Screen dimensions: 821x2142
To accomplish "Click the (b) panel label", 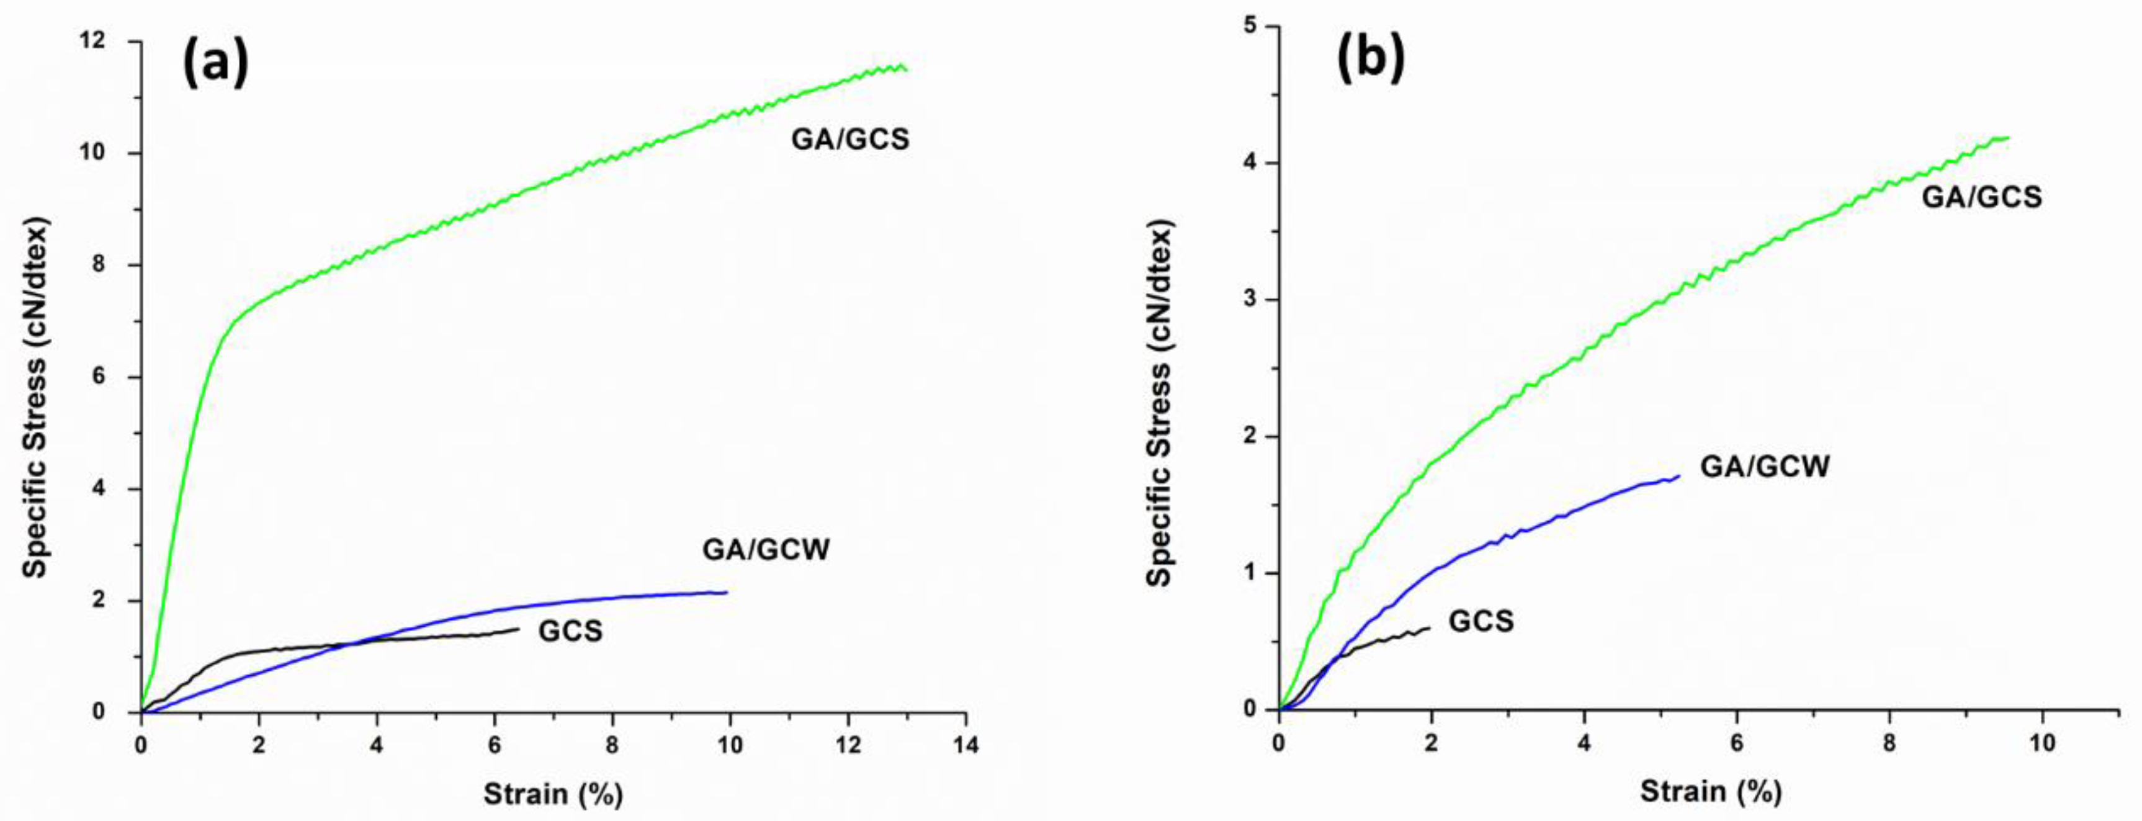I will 1369,58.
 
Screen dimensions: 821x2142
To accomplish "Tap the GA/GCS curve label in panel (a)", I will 850,139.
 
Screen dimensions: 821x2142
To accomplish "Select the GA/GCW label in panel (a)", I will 766,550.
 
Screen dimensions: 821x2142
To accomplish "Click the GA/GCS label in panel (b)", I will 1981,197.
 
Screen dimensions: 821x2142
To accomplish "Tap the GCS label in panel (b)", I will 1481,621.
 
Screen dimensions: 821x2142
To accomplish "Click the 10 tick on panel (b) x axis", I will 2042,742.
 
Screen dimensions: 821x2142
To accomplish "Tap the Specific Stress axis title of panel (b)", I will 1160,403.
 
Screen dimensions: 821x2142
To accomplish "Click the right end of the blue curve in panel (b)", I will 1679,477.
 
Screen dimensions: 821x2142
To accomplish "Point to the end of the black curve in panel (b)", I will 1430,628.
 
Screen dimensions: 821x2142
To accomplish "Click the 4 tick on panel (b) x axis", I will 1584,742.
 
